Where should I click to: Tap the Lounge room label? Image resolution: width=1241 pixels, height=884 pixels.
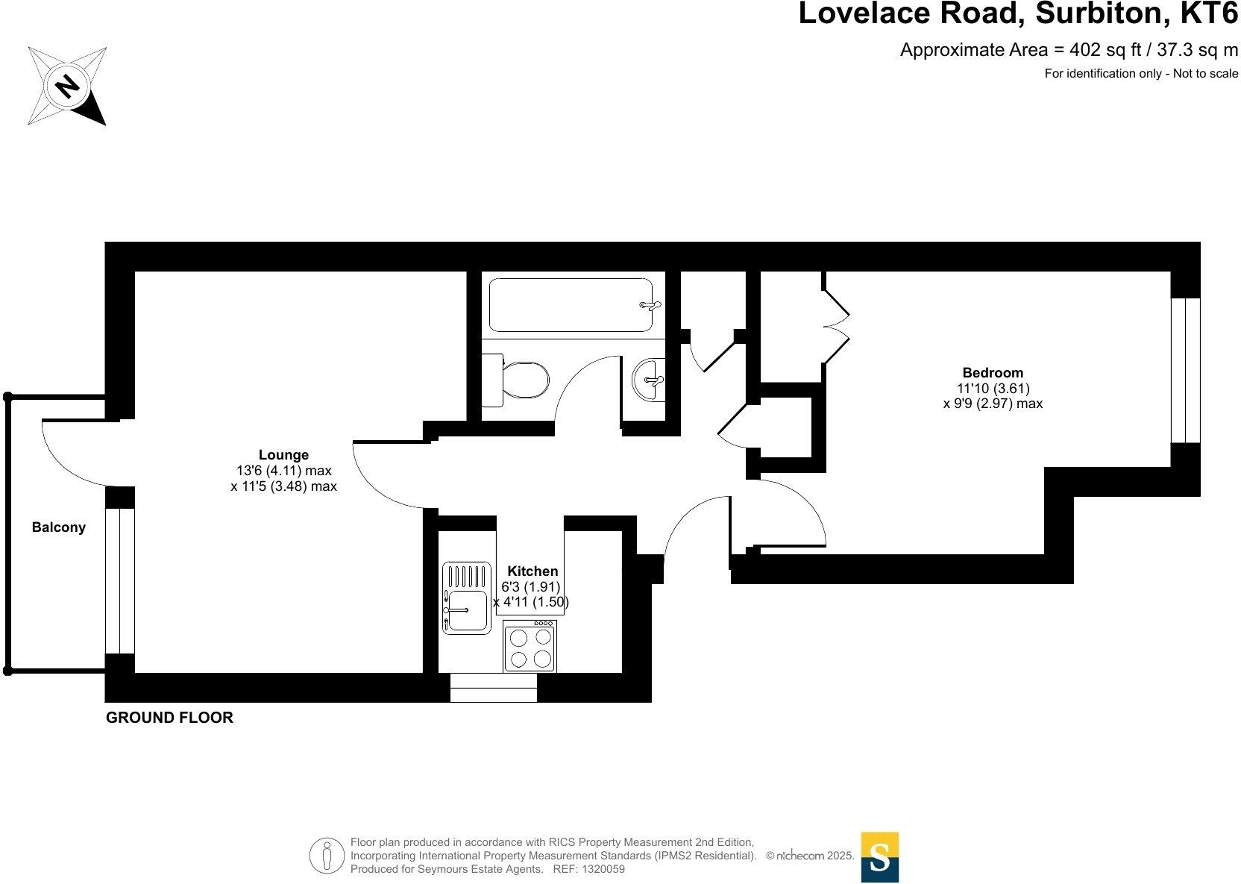click(x=283, y=455)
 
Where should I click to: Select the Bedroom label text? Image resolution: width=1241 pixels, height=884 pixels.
click(x=993, y=373)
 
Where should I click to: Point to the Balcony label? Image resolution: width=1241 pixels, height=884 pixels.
click(x=58, y=527)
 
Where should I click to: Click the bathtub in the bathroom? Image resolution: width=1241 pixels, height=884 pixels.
click(x=571, y=305)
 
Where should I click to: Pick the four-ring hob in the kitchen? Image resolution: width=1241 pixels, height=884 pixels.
click(x=530, y=647)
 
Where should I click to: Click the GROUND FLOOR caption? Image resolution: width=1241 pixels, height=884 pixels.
click(x=169, y=718)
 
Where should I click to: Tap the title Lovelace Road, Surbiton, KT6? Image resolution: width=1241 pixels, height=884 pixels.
click(x=1017, y=15)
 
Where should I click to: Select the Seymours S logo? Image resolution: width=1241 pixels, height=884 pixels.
click(x=880, y=857)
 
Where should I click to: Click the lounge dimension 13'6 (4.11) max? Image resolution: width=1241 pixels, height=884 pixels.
click(x=283, y=471)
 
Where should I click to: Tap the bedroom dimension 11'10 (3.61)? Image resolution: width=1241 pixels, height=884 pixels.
click(x=993, y=388)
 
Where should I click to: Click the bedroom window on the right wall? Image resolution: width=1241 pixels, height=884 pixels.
click(x=1185, y=370)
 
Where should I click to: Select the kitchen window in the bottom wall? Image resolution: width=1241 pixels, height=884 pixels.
click(x=494, y=688)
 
